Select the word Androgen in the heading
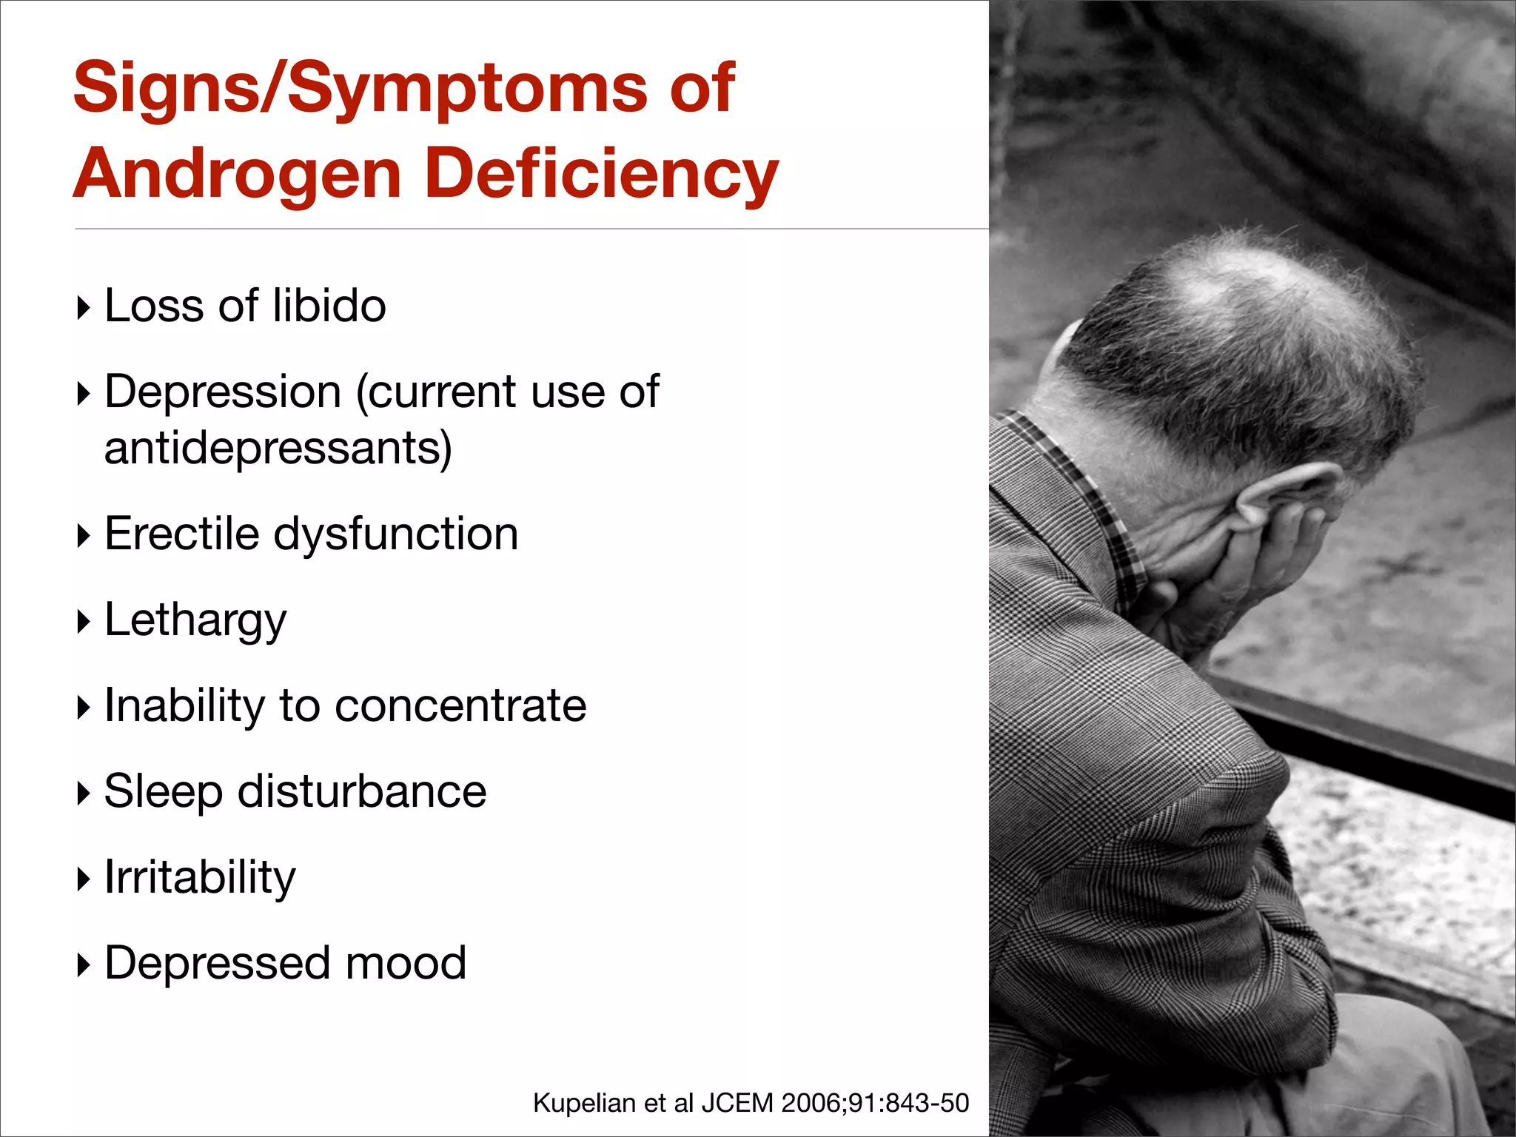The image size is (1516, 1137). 237,175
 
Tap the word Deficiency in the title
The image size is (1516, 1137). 602,175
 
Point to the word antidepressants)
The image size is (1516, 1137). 278,449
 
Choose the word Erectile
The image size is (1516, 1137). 181,534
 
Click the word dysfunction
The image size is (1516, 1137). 396,535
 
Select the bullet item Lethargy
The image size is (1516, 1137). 195,620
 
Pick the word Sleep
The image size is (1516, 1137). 163,792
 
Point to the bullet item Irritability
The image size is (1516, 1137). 200,878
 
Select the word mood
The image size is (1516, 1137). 406,963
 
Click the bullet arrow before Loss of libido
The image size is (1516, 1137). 84,307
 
